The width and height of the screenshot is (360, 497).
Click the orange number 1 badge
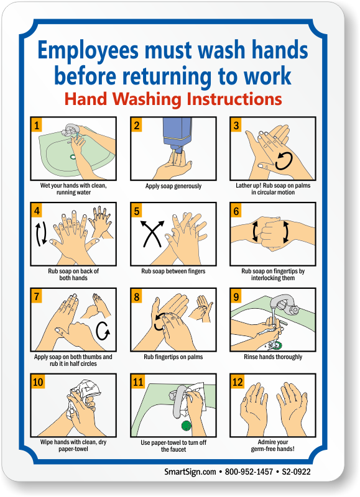pos(37,125)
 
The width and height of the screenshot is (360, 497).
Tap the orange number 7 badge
pos(37,296)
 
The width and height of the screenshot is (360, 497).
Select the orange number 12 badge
pos(238,381)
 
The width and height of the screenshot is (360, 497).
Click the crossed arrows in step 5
pos(152,234)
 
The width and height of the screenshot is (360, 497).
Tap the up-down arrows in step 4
pos(41,234)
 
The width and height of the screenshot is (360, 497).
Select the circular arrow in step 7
pos(103,331)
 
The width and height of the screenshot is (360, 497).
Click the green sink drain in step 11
pos(187,426)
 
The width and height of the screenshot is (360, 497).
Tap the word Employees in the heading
pos(88,51)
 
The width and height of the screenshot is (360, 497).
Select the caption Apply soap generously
pos(173,186)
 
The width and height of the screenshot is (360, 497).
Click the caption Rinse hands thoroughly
pos(273,357)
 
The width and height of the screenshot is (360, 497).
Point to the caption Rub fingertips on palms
pos(173,357)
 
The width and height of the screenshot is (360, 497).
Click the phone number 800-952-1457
pos(249,472)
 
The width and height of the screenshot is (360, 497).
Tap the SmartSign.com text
pos(190,472)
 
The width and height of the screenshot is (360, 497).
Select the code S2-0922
pos(296,472)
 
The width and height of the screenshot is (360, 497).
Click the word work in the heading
pos(267,76)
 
